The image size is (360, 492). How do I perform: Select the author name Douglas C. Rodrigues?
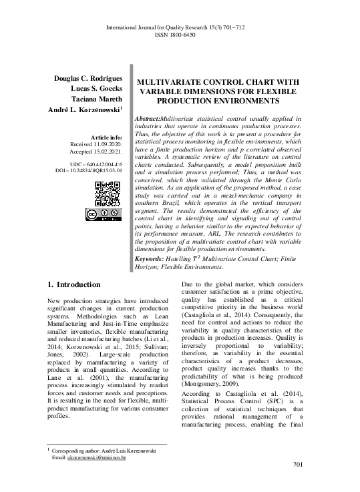[x=87, y=78]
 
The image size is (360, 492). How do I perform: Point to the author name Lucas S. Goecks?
[x=95, y=88]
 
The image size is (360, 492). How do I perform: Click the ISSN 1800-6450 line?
[x=180, y=34]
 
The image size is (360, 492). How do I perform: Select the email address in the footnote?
[x=97, y=457]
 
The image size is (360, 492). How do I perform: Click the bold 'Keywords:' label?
[x=153, y=276]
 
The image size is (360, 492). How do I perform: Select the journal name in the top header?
[x=180, y=27]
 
